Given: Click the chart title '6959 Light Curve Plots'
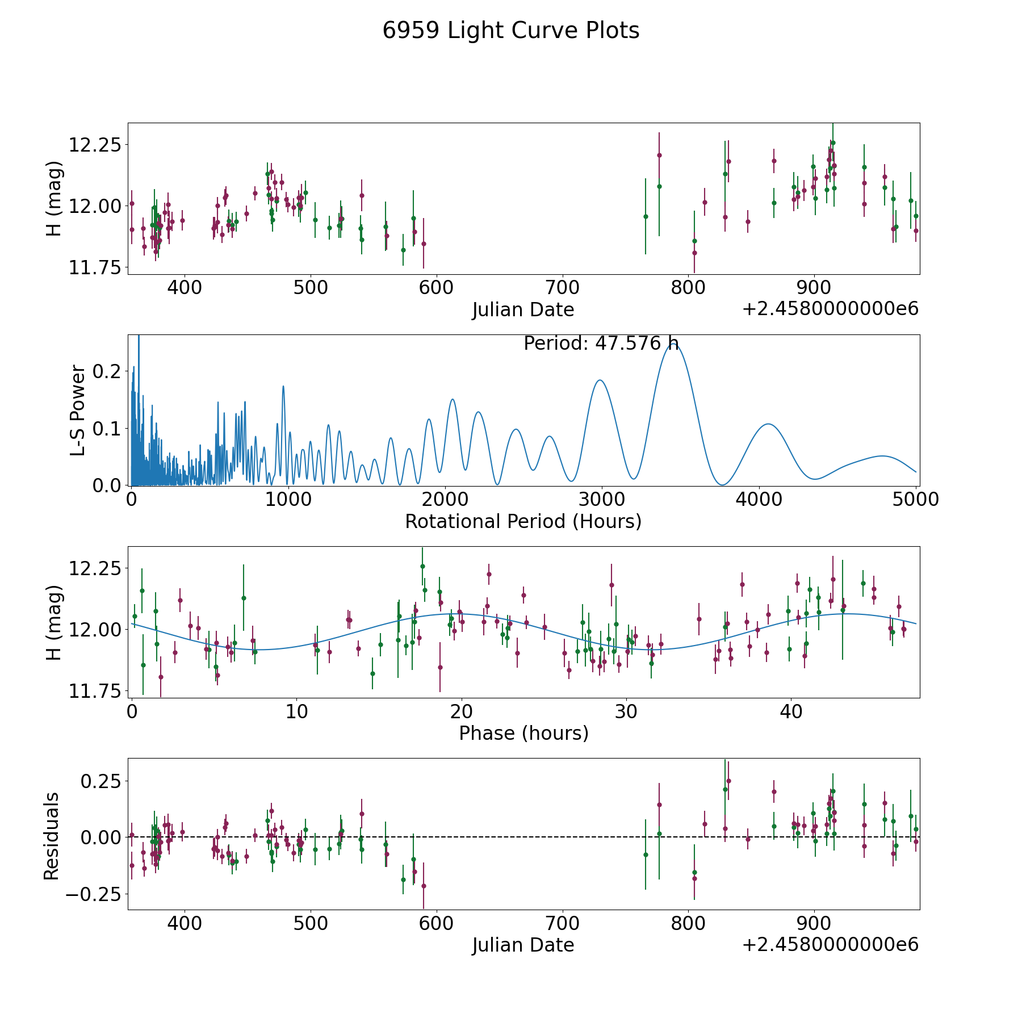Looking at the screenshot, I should (x=510, y=31).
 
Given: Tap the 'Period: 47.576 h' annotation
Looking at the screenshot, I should (x=601, y=344).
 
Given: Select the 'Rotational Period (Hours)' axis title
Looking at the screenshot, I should (x=523, y=521).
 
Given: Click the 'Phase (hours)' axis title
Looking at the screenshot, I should (x=523, y=733).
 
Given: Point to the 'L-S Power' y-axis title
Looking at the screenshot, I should (x=78, y=411).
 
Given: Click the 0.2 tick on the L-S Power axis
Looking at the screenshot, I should (x=108, y=371).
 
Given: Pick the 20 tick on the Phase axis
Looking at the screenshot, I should (x=462, y=711).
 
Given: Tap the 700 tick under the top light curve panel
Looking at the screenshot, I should (x=562, y=288).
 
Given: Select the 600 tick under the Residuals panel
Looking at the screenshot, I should (x=436, y=923).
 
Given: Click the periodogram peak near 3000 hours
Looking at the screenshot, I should (x=600, y=380).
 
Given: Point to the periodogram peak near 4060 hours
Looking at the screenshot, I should (x=768, y=424).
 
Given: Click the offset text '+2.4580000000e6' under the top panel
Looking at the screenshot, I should (x=830, y=309).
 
